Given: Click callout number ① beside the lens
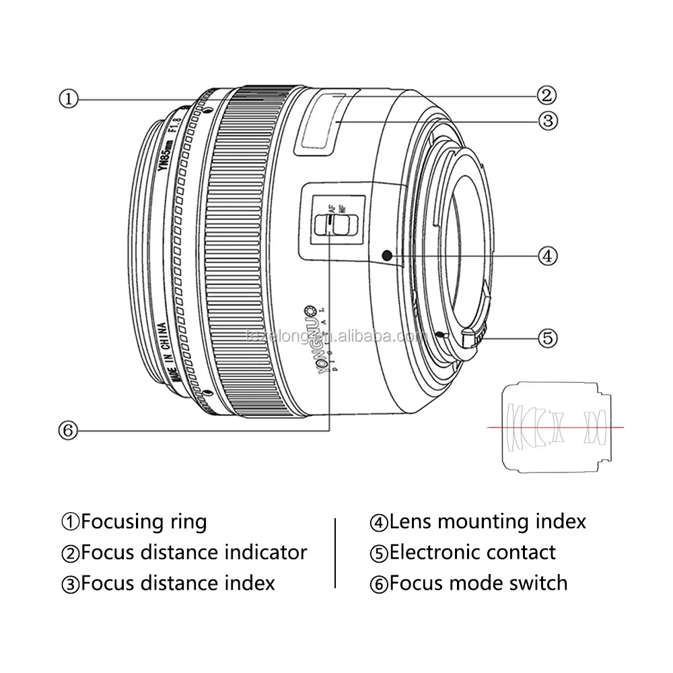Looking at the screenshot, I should point(69,100).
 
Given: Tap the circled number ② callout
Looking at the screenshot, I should point(545,96).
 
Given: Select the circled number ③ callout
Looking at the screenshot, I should point(546,121).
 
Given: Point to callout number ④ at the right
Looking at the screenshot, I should point(546,256).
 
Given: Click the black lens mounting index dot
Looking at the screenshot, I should point(386,255).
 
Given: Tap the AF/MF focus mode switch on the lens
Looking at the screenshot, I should point(332,223).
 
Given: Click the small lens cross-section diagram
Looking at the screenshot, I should point(556,427).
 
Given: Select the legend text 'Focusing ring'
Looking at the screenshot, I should point(143,522).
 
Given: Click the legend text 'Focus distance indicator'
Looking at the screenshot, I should point(193,553).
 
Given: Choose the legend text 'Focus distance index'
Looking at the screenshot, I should point(177,583).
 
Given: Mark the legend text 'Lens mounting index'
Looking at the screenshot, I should point(487,522).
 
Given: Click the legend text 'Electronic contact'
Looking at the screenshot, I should point(472,553).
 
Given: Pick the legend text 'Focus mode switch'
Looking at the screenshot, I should point(478,583).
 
